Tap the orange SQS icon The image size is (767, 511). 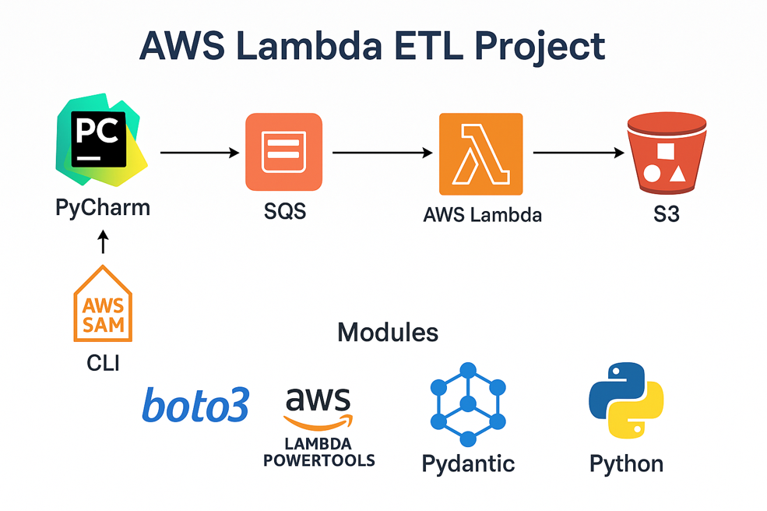(x=283, y=152)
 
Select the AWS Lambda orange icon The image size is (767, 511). (x=480, y=153)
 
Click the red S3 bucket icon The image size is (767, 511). (x=667, y=153)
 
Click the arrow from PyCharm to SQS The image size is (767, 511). (x=199, y=153)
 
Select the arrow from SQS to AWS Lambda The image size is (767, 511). (x=382, y=153)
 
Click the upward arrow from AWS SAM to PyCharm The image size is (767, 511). (x=103, y=243)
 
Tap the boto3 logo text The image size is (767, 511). (x=195, y=406)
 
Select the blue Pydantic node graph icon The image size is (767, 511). (x=467, y=403)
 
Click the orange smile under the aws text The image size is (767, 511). (x=318, y=421)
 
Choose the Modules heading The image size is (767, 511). (x=388, y=333)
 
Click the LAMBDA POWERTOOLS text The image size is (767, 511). (x=318, y=452)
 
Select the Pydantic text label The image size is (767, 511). (x=468, y=464)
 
